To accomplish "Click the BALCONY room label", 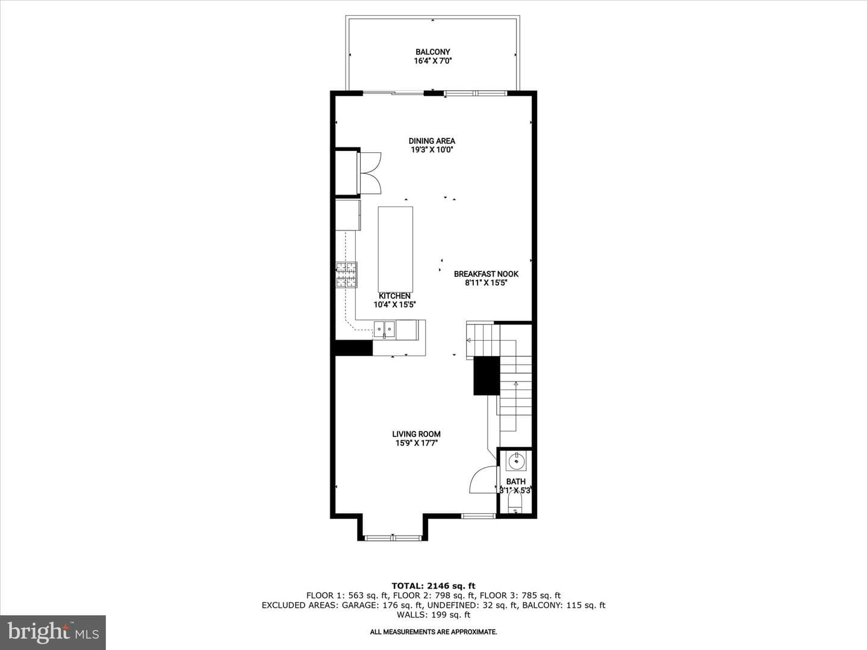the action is [432, 52].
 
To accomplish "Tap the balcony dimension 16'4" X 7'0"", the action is [432, 61].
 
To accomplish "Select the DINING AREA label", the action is [432, 141].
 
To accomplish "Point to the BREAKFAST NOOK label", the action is [486, 274].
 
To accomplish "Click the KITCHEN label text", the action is [394, 296].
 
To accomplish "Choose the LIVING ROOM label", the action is [416, 434].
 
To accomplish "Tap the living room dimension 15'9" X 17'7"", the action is [416, 443].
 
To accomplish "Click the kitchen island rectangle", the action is [396, 249].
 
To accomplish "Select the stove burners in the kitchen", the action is [346, 274].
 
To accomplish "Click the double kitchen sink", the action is [384, 329].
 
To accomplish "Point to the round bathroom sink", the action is [516, 461].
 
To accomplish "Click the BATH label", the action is [516, 482].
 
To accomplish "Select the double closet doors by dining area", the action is [370, 173].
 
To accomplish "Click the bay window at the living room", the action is [393, 537].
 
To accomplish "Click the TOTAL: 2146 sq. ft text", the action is [433, 586].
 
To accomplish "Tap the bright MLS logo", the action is [53, 633].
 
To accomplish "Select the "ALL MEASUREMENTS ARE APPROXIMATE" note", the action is [433, 632].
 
